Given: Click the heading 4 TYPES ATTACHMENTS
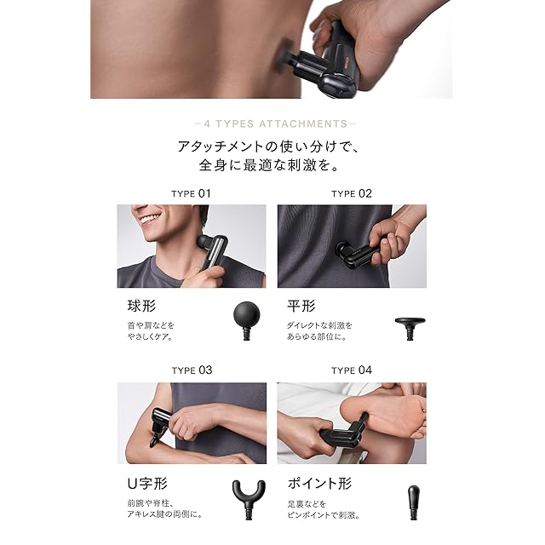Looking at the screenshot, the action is tap(275, 123).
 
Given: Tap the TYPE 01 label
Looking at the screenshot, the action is tap(191, 193).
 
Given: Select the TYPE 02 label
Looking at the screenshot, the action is tap(352, 193).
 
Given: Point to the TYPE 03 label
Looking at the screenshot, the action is tap(192, 370).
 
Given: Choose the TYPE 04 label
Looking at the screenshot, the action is tap(352, 370).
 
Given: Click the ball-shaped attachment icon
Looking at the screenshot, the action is tap(247, 320).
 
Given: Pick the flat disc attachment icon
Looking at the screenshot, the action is tap(410, 328).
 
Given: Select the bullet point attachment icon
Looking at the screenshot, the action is tap(413, 502).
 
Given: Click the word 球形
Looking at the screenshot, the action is tap(141, 307).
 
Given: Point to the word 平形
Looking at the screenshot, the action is tap(301, 307).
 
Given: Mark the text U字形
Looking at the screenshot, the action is tap(147, 484).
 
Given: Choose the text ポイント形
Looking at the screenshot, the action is tap(319, 484).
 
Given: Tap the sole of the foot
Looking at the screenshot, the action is tap(382, 417).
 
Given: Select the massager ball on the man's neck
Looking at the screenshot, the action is tap(204, 241).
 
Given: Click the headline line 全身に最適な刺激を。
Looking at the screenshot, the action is tap(269, 165).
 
